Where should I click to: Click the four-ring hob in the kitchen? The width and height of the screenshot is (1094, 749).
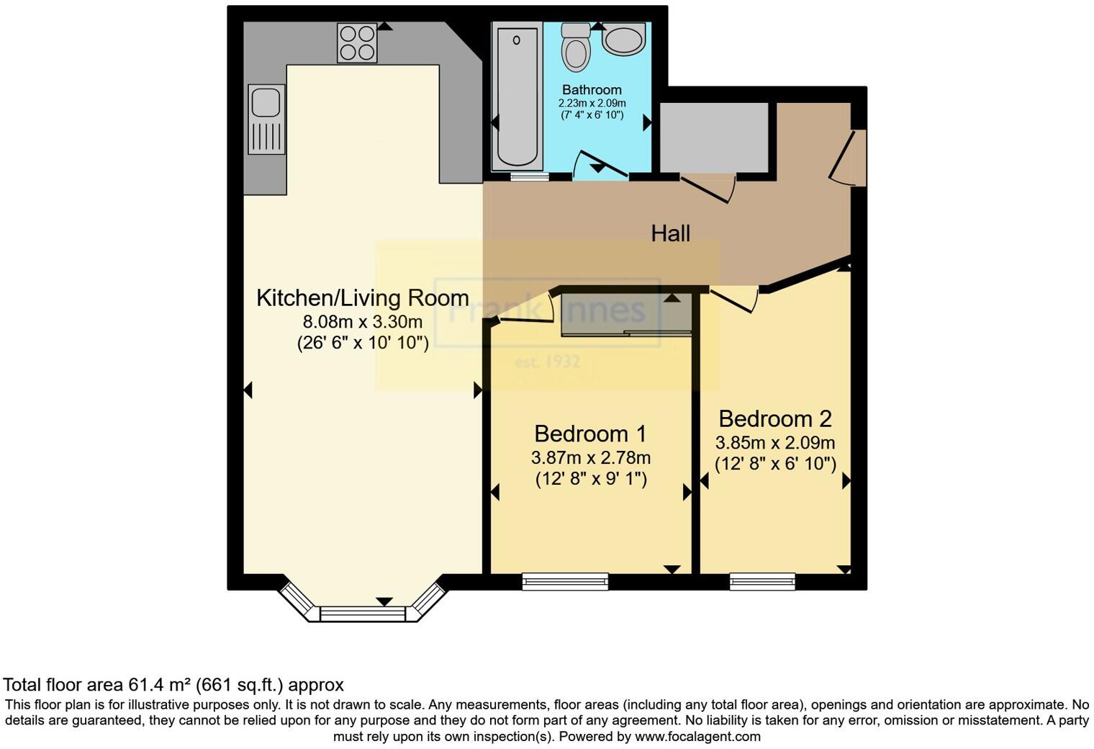point(357,43)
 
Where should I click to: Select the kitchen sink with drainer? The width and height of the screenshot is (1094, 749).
point(266,120)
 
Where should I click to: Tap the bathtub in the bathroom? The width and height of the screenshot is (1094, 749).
point(516,97)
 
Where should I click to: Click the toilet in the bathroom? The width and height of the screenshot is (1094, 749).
point(576,48)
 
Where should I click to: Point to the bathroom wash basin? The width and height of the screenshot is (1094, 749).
point(624,39)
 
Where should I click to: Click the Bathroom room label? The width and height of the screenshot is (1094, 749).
point(592,90)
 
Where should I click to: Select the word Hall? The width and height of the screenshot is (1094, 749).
point(670,233)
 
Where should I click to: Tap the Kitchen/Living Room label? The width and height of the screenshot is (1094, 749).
point(363,297)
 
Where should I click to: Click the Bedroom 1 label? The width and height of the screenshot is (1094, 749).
point(590,434)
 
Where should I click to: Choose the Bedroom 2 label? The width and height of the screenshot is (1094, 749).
point(775,418)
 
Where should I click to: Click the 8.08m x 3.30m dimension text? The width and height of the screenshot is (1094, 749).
point(363,321)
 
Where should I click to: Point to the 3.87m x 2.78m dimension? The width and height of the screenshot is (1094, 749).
point(591,457)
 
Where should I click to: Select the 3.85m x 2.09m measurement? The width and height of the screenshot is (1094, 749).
point(775,442)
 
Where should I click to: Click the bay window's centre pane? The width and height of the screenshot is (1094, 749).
point(363,614)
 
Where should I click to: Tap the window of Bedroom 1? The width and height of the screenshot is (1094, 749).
point(565,581)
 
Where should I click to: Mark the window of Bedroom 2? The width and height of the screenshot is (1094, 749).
point(762,581)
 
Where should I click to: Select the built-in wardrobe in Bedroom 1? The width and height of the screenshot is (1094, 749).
point(625,314)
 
